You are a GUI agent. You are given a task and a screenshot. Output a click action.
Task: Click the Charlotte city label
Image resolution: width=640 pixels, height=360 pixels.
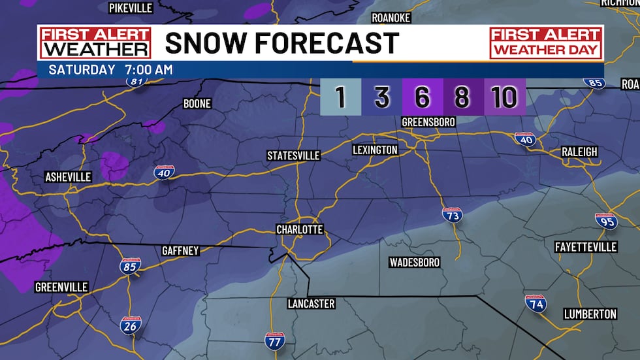pyautogui.click(x=299, y=229)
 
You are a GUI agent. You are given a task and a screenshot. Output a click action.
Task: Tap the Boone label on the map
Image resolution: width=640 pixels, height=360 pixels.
pyautogui.click(x=197, y=104)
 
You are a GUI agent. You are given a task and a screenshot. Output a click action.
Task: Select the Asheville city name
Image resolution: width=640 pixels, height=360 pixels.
pyautogui.click(x=68, y=177)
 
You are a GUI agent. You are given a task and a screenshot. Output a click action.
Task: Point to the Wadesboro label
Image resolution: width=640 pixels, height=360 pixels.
pyautogui.click(x=414, y=262)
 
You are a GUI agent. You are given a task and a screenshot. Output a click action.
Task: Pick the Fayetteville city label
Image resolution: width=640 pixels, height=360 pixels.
pyautogui.click(x=585, y=247)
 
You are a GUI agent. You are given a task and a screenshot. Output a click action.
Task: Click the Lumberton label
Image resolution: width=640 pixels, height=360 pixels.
pyautogui.click(x=590, y=314)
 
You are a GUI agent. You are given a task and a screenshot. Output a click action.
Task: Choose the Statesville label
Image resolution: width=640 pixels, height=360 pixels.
pyautogui.click(x=293, y=155)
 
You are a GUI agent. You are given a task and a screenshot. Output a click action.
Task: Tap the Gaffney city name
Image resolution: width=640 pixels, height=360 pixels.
pyautogui.click(x=180, y=251)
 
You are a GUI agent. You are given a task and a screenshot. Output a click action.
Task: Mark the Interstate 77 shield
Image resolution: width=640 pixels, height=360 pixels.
pyautogui.click(x=274, y=340)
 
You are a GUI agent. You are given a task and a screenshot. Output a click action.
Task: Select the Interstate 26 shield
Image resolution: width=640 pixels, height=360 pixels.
pyautogui.click(x=130, y=325)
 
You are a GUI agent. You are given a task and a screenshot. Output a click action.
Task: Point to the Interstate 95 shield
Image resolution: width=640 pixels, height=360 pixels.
pyautogui.click(x=606, y=220)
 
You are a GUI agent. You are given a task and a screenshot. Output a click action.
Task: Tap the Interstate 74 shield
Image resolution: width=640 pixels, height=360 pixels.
pyautogui.click(x=535, y=303)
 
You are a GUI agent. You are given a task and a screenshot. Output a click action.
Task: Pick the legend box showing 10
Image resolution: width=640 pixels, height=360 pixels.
pyautogui.click(x=505, y=97)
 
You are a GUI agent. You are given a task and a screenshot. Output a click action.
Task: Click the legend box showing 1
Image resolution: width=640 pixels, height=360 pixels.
pyautogui.click(x=340, y=97)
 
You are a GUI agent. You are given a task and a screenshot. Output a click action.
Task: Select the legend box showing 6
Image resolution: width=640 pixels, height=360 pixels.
pyautogui.click(x=423, y=97)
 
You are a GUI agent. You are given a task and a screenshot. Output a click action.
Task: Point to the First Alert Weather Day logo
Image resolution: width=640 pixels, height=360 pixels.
pyautogui.click(x=545, y=42)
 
